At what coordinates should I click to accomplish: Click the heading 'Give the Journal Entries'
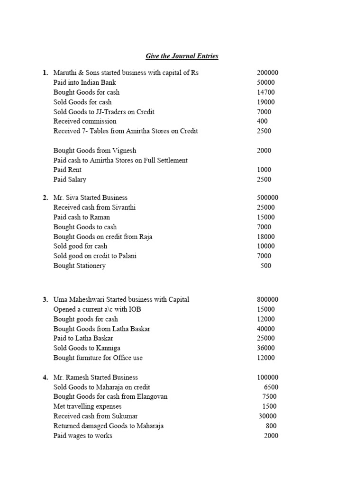coord(182,56)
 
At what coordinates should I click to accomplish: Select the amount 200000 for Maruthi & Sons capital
coord(267,73)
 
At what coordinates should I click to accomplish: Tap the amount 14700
coord(266,92)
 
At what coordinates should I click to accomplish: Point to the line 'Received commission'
coord(85,121)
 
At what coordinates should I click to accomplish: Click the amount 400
coord(262,121)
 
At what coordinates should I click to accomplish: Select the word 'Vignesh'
coord(124,151)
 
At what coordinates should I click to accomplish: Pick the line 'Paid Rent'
coord(67,170)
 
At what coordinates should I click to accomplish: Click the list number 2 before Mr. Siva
coord(45,198)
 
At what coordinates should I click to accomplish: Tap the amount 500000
coord(267,198)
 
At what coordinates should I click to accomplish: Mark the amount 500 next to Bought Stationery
coord(266,266)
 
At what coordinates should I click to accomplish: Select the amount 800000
coord(267,300)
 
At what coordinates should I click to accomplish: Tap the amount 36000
coord(266,348)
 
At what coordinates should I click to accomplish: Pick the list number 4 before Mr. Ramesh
coord(45,377)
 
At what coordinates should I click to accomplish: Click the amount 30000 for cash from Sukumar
coord(267,416)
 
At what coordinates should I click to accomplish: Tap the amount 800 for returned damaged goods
coord(271,426)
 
